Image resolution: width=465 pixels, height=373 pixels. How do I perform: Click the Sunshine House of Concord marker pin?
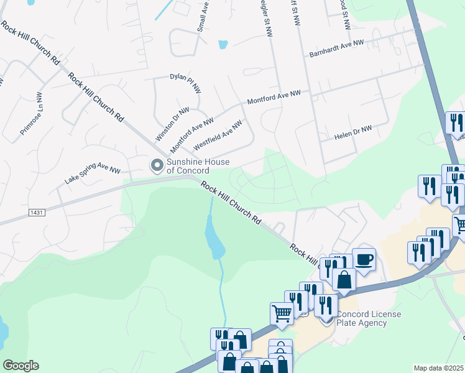pyautogui.click(x=157, y=165)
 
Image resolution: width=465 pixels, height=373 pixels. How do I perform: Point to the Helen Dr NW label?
pyautogui.click(x=352, y=133)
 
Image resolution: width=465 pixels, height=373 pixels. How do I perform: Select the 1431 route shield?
pyautogui.click(x=37, y=212)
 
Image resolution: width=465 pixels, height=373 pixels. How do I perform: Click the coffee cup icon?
pyautogui.click(x=364, y=259)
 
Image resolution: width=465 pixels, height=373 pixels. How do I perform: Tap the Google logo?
pyautogui.click(x=21, y=366)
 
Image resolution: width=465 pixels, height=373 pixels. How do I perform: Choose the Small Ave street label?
pyautogui.click(x=203, y=16)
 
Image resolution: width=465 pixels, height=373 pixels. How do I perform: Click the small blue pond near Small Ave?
pyautogui.click(x=223, y=45)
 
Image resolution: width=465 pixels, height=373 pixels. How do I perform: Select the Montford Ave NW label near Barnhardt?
pyautogui.click(x=274, y=96)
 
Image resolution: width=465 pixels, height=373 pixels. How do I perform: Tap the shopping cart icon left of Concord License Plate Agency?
pyautogui.click(x=282, y=313)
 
